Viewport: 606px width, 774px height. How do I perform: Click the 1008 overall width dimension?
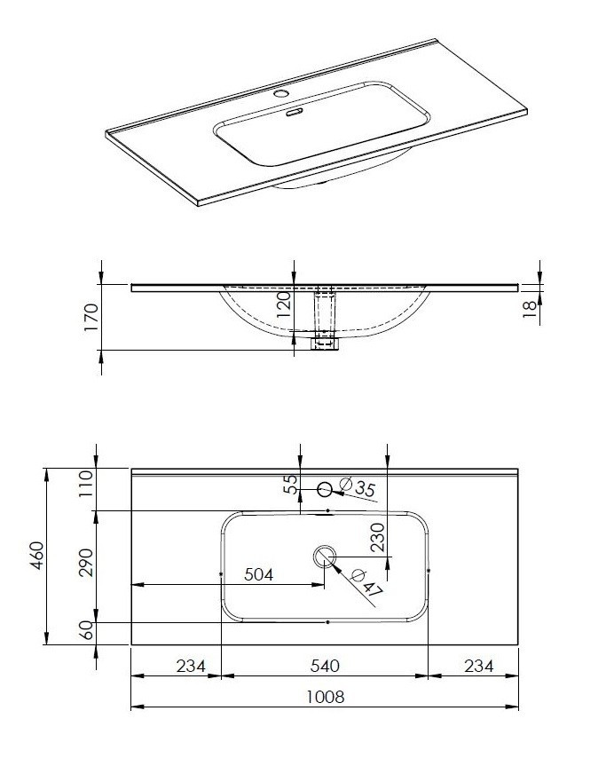(x=326, y=698)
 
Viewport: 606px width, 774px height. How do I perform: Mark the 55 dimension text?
(x=289, y=485)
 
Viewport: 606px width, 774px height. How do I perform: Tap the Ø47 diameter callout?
(x=366, y=583)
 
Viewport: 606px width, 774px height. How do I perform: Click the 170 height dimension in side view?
(x=88, y=317)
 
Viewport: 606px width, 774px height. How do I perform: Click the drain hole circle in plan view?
(x=324, y=556)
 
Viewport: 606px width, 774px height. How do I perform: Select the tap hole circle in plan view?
(x=325, y=488)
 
